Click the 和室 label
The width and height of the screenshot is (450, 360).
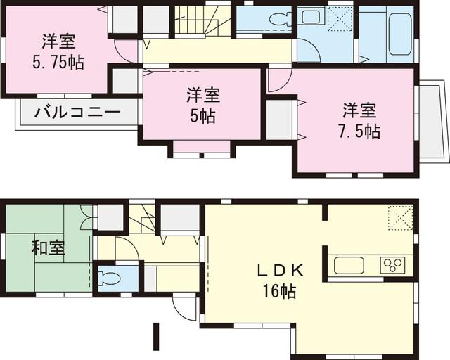[x=48, y=249]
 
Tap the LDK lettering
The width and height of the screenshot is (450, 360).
[x=279, y=270]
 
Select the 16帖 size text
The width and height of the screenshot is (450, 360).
[x=280, y=290]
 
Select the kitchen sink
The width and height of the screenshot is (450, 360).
[x=349, y=266]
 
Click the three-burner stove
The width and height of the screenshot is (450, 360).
[x=392, y=265]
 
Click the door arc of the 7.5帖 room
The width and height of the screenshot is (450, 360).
[x=276, y=79]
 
